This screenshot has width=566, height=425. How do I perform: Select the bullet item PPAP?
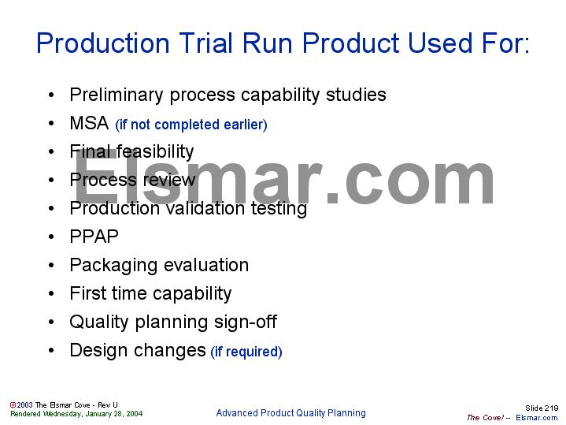pos(94,237)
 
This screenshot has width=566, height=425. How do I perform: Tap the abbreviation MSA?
pos(88,123)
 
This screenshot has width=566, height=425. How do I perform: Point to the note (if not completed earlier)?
pos(191,125)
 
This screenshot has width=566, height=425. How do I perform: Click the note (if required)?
pos(246,352)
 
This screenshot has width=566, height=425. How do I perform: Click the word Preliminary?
pos(116,95)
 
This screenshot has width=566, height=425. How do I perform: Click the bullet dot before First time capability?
pos(51,294)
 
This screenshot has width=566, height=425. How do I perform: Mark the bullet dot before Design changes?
pos(51,351)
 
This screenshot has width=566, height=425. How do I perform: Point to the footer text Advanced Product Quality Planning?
pos(290,413)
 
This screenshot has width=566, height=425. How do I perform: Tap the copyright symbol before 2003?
pos(13,404)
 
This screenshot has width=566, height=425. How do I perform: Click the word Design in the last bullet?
pos(95,350)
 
